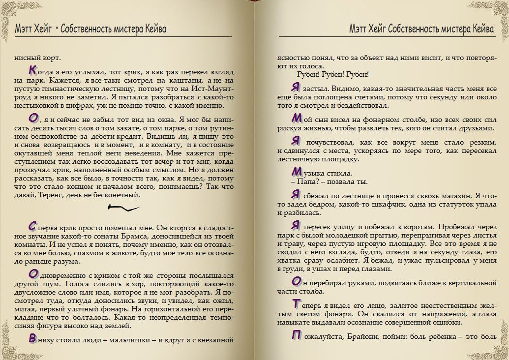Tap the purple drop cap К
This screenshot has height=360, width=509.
31,70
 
